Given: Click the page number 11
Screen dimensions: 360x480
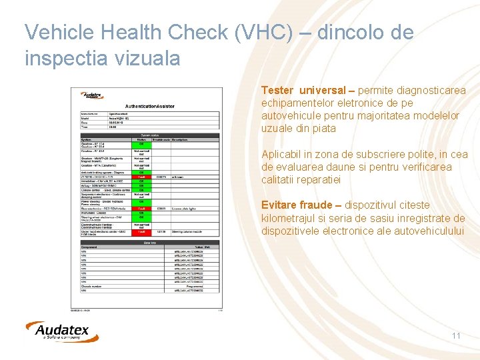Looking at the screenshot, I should point(456,335).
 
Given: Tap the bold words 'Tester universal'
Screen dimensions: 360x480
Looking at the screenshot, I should point(303,90).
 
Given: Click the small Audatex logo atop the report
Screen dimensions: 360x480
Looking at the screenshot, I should point(92,96).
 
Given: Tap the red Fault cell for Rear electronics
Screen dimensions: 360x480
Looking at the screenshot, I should point(142,208).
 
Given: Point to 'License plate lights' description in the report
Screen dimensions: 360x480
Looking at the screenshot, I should point(186,208).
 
